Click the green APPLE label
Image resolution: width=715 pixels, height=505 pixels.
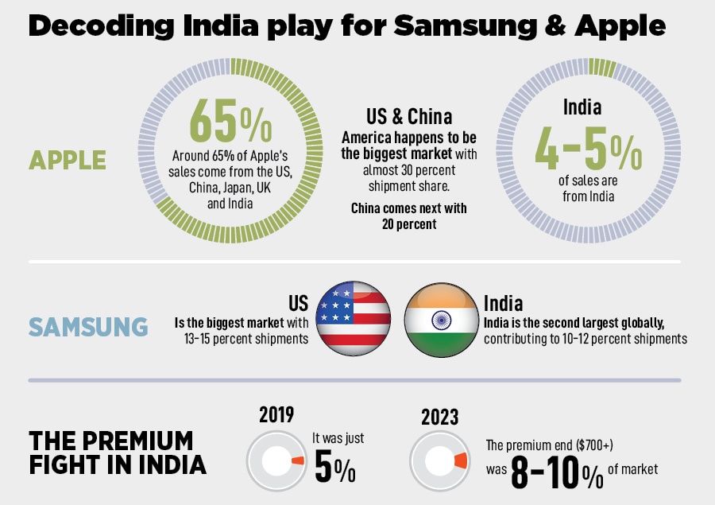[68, 160]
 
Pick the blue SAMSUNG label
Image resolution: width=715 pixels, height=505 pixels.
[88, 327]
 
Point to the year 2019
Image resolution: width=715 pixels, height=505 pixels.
[276, 414]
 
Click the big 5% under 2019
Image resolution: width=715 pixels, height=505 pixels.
[334, 468]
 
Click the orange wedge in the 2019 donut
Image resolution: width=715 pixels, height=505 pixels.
[297, 461]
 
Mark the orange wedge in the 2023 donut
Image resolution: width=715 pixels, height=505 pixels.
[459, 461]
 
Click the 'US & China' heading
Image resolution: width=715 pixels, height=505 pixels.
[409, 117]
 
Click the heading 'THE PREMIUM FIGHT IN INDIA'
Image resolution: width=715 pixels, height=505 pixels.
[111, 452]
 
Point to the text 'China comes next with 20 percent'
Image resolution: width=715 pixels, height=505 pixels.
[409, 216]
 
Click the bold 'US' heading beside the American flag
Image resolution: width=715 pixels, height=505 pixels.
[298, 303]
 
